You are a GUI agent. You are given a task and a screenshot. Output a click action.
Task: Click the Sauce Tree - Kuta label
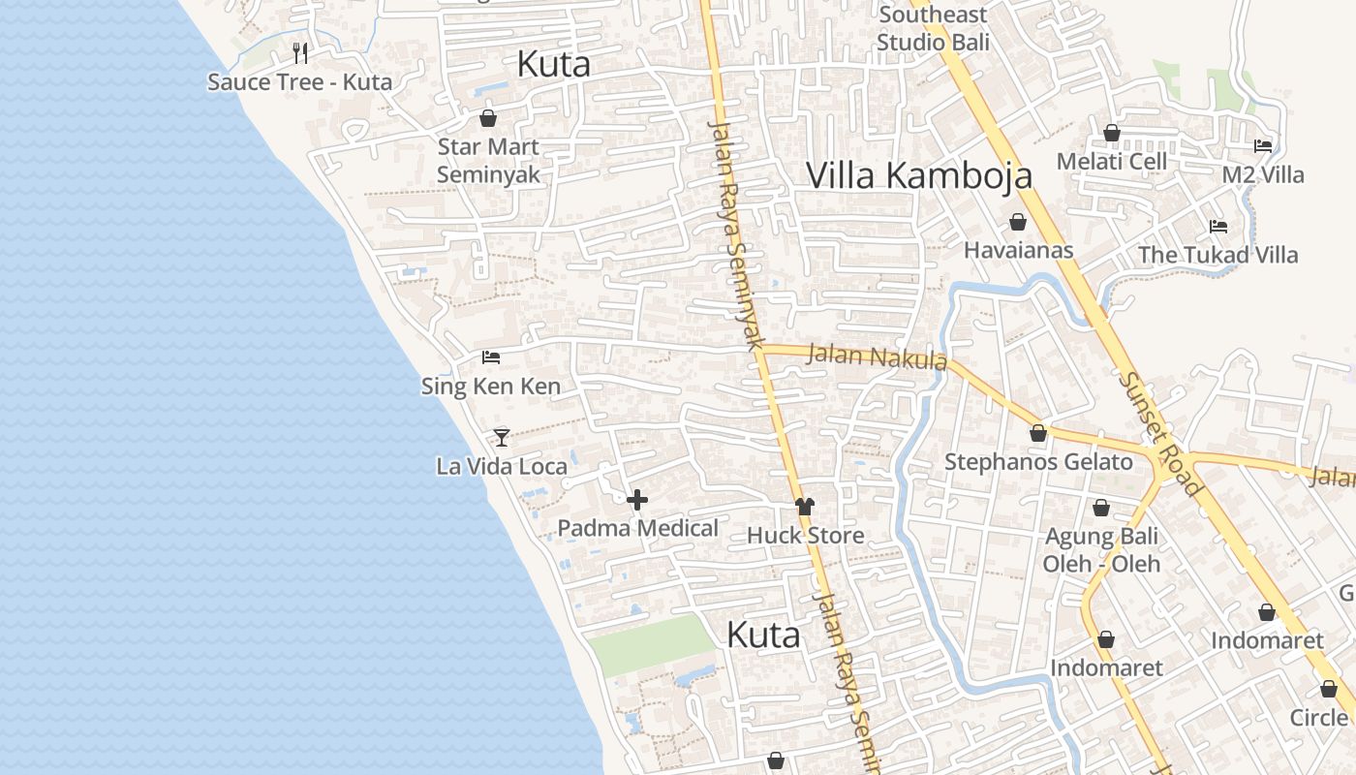(x=299, y=81)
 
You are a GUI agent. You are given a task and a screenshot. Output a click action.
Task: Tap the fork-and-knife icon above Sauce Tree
(x=300, y=52)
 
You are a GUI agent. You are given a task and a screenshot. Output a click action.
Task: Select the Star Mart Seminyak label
(x=488, y=161)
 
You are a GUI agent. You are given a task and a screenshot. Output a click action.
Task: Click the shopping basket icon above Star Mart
(x=488, y=118)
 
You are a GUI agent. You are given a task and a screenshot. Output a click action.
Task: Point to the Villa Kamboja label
(x=918, y=175)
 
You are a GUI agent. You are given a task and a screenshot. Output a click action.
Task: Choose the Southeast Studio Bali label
(x=933, y=28)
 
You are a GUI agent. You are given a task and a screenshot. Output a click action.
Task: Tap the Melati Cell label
(x=1111, y=161)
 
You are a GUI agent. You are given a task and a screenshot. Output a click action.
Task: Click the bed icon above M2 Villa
(x=1263, y=146)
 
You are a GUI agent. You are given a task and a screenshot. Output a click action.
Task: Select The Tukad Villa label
(x=1217, y=255)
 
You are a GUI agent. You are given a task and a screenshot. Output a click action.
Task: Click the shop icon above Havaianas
(x=1018, y=223)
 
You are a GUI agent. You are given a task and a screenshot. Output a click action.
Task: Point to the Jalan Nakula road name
(x=877, y=356)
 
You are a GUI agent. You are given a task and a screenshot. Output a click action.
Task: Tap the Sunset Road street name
(x=1159, y=433)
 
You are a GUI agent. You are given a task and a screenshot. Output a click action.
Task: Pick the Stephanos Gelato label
(x=1038, y=462)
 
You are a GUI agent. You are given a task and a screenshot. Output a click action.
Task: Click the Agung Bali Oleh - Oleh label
(x=1101, y=549)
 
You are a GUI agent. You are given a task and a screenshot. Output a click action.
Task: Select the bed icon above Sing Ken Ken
(x=491, y=357)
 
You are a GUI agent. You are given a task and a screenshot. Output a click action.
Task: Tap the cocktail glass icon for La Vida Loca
(x=501, y=438)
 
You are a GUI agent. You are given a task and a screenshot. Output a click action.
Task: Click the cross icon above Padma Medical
(x=637, y=500)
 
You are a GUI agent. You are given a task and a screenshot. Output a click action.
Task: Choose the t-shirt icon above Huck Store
(x=805, y=507)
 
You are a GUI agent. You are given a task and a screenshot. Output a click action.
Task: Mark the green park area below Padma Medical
(x=651, y=644)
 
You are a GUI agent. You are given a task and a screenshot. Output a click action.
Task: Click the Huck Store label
(x=805, y=535)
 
